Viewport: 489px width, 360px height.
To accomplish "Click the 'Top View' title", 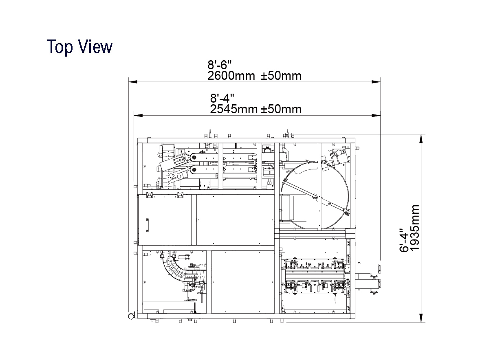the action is [x=80, y=47].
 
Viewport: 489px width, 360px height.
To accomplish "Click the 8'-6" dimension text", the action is [x=219, y=65].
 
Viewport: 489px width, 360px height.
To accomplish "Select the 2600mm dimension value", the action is [x=231, y=76].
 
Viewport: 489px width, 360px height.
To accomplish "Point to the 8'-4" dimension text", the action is [x=222, y=98].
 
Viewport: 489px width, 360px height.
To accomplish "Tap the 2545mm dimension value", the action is [x=233, y=109].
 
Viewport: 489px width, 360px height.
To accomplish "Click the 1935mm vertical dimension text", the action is [x=415, y=228].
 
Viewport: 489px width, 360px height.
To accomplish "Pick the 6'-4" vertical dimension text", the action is [x=404, y=240].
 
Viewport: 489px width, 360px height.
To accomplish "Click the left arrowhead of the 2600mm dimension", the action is [x=133, y=82].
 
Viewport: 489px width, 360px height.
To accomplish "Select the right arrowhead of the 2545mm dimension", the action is [x=376, y=115].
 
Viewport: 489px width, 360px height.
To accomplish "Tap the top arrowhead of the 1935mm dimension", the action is [x=421, y=139].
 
